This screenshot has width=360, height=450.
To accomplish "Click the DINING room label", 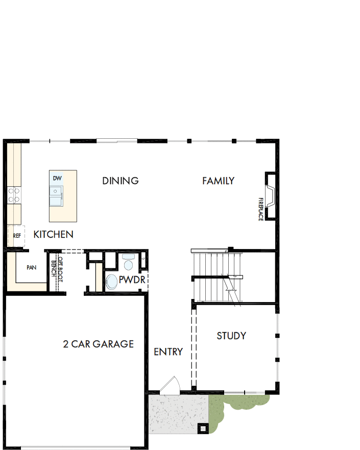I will (121, 181).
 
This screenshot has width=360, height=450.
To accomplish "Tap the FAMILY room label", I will (218, 181).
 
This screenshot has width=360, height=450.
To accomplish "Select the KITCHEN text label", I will (53, 235).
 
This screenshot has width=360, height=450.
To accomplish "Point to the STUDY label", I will (231, 336).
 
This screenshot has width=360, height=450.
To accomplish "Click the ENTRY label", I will (168, 352).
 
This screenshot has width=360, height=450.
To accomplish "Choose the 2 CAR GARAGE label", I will (98, 344).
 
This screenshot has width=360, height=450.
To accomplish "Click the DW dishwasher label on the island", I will (57, 178).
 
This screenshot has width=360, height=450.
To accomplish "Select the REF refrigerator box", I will (16, 236).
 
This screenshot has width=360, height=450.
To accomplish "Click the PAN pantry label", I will (31, 267).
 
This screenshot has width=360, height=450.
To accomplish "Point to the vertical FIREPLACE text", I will (260, 209).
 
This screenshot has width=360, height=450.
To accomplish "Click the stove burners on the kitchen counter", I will (14, 195).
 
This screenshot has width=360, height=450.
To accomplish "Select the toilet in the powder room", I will (128, 263).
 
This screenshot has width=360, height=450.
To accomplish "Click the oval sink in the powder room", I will (111, 282).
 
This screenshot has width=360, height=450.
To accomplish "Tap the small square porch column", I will (203, 428).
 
